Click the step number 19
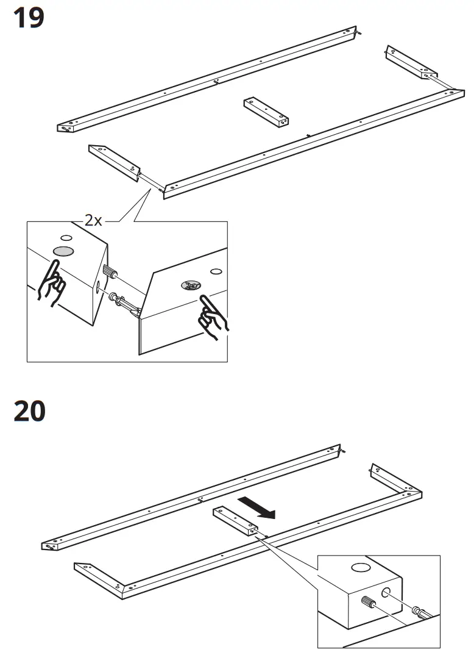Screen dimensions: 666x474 (x=29, y=18)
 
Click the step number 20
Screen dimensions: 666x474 (x=29, y=411)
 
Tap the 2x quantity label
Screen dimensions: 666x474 (x=93, y=220)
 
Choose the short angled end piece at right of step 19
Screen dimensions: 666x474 (x=409, y=62)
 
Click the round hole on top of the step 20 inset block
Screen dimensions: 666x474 (x=360, y=568)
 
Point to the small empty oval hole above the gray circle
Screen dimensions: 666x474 (x=66, y=237)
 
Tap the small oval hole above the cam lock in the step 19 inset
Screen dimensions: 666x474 (x=215, y=271)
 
